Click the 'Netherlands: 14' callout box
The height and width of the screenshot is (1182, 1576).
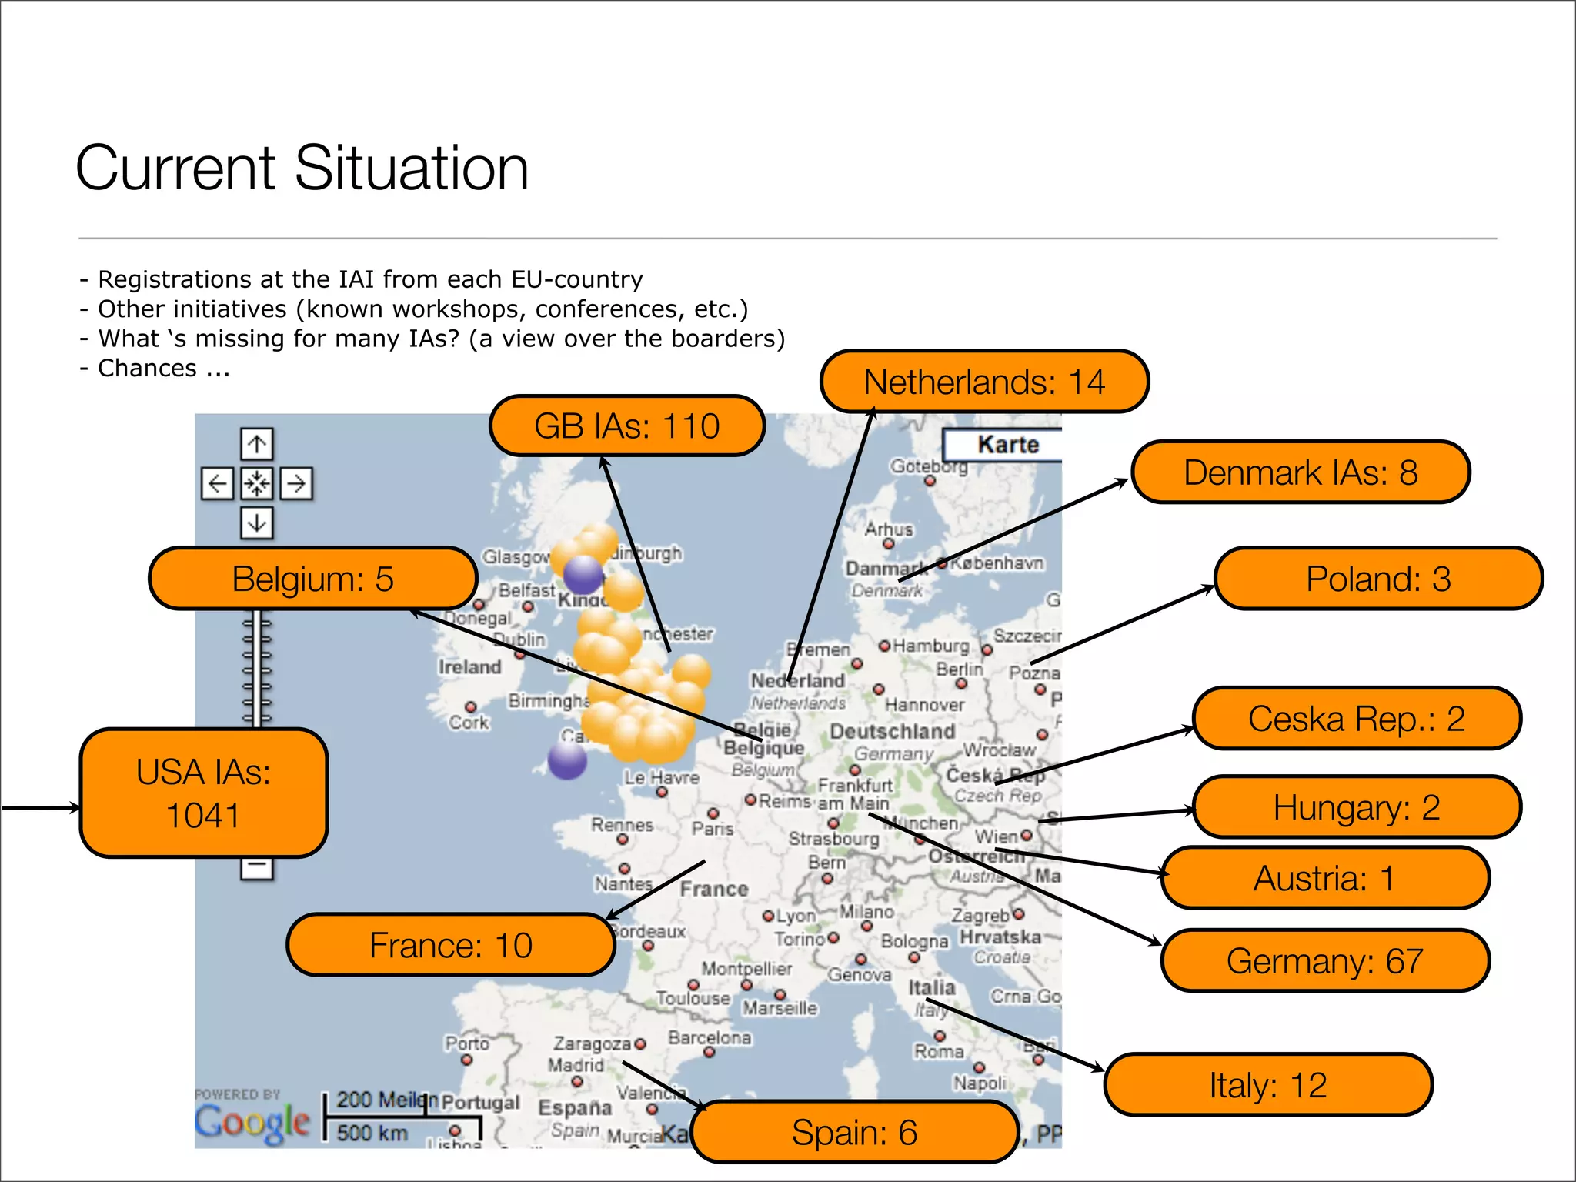984,382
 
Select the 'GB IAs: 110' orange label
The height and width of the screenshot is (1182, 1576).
627,426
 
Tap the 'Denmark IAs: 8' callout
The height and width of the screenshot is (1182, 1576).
1301,472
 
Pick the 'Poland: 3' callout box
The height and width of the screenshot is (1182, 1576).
1378,579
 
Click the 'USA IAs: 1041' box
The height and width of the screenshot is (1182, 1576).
204,793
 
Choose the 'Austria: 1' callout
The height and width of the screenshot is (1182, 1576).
1324,878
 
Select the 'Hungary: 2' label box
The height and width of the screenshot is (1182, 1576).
1357,807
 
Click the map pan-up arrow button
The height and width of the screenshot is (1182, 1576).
257,444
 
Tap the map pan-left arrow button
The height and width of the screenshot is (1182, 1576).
217,484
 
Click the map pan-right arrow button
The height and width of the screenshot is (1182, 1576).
296,484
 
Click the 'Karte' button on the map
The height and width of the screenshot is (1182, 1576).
1007,445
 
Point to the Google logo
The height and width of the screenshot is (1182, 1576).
252,1122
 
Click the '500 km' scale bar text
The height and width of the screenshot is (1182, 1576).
372,1133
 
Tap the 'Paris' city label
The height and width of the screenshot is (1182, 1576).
713,829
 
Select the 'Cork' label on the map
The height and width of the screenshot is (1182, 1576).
469,723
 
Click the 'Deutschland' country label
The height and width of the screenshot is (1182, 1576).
892,731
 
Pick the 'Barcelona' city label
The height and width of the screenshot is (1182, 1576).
710,1038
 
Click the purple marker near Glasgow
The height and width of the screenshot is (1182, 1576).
583,574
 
